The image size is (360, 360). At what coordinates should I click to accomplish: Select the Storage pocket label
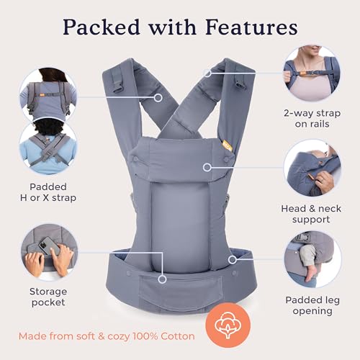pyautogui.click(x=49, y=296)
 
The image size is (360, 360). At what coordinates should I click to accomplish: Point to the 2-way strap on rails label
pyautogui.click(x=311, y=118)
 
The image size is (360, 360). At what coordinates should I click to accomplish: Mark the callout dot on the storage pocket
pyautogui.click(x=163, y=278)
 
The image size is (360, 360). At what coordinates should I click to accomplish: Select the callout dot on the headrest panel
pyautogui.click(x=207, y=167)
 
